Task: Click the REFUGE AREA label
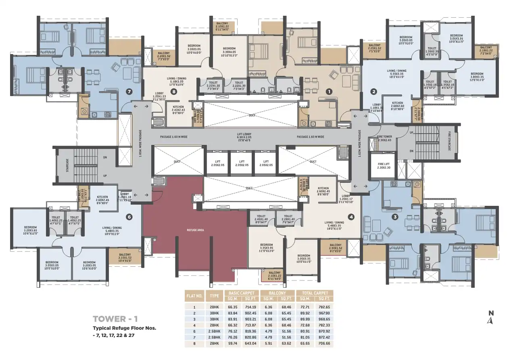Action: (x=195, y=230)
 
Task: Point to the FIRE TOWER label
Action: (x=384, y=138)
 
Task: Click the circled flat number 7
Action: (x=129, y=91)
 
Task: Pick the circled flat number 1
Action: (x=329, y=92)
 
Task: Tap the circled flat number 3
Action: (x=395, y=217)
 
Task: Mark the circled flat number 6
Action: (x=129, y=217)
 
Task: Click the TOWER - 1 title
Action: (x=114, y=319)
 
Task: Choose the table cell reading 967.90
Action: (x=324, y=313)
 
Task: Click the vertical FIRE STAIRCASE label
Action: (x=449, y=141)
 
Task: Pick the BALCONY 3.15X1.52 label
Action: (x=125, y=259)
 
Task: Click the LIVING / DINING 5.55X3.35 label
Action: (x=396, y=73)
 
